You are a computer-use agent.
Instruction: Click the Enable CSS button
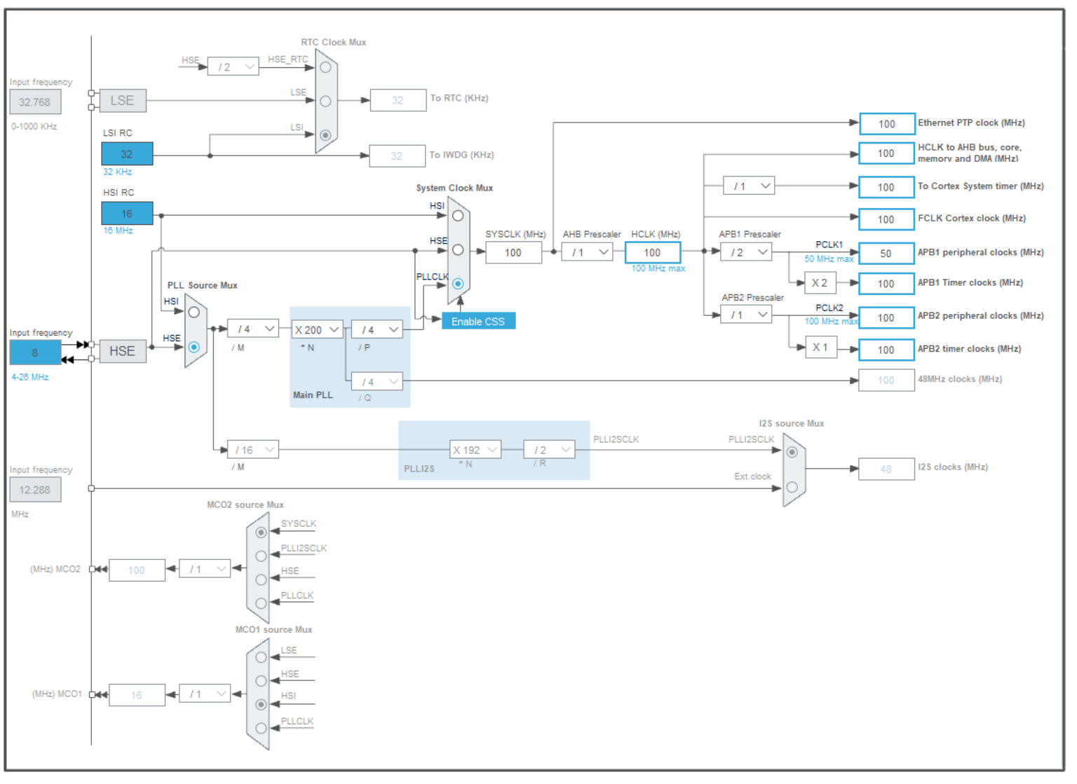478,321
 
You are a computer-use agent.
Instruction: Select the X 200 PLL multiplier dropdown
317,329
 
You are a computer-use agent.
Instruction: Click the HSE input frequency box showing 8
35,352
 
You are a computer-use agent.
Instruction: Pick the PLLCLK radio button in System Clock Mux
458,284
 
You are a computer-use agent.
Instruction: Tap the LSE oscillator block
122,100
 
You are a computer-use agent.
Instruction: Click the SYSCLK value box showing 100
513,252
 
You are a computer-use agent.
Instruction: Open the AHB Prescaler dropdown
587,252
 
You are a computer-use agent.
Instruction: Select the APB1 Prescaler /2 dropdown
746,252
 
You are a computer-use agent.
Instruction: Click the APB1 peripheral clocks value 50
886,253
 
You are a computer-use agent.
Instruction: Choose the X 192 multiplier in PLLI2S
475,450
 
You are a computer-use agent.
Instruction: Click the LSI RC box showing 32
127,153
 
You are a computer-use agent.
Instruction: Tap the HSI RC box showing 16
127,214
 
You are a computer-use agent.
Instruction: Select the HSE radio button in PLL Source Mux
194,347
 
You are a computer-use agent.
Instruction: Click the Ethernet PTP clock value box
887,123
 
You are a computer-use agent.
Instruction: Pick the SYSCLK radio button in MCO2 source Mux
261,532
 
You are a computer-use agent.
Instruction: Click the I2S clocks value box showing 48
886,469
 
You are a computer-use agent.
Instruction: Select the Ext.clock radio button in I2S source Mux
792,487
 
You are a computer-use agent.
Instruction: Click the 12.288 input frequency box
35,490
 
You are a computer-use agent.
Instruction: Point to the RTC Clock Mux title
333,42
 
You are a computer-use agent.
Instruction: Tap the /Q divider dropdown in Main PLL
377,382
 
